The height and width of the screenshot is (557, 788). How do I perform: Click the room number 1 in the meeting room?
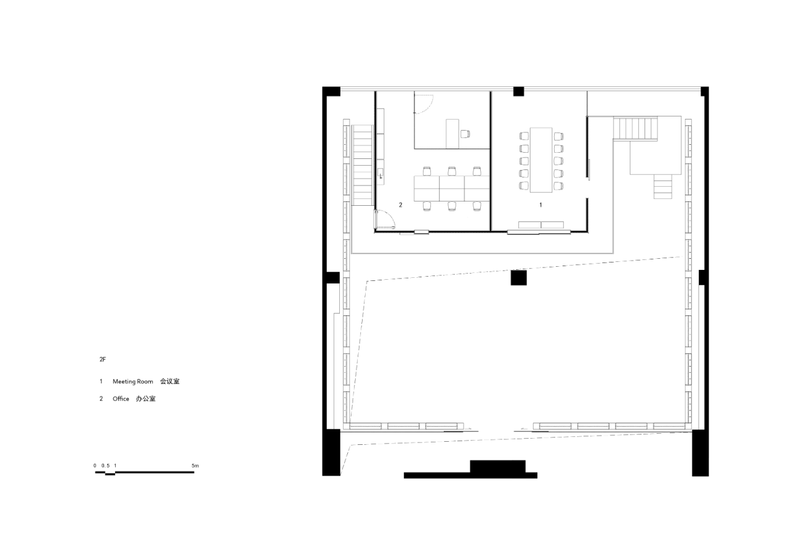pyautogui.click(x=541, y=205)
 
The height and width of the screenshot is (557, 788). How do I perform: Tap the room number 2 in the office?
pyautogui.click(x=400, y=205)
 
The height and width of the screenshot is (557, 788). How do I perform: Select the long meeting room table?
pyautogui.click(x=541, y=159)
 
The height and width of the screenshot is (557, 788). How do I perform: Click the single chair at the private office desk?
pyautogui.click(x=466, y=133)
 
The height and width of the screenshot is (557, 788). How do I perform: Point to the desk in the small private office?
pyautogui.click(x=452, y=133)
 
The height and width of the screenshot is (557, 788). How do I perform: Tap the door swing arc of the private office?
pyautogui.click(x=425, y=104)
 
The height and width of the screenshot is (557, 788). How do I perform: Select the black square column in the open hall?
pyautogui.click(x=518, y=278)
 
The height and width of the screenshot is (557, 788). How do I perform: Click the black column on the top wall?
pyautogui.click(x=518, y=91)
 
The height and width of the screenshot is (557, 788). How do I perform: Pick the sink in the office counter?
pyautogui.click(x=382, y=173)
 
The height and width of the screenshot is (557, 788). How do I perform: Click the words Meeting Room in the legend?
pyautogui.click(x=132, y=382)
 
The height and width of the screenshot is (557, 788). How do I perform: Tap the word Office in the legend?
pyautogui.click(x=121, y=399)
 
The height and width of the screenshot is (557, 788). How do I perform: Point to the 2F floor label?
pyautogui.click(x=102, y=358)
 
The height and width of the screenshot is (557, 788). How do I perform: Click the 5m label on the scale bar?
pyautogui.click(x=195, y=466)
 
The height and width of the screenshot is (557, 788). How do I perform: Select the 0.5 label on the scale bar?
pyautogui.click(x=105, y=466)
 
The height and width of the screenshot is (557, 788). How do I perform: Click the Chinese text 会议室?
pyautogui.click(x=170, y=382)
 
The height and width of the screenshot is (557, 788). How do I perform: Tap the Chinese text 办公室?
pyautogui.click(x=146, y=399)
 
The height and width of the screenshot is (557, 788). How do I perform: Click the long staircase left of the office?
pyautogui.click(x=363, y=165)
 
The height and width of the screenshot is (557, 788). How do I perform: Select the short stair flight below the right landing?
pyautogui.click(x=664, y=186)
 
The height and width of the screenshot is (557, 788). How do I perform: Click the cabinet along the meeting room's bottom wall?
pyautogui.click(x=541, y=224)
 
